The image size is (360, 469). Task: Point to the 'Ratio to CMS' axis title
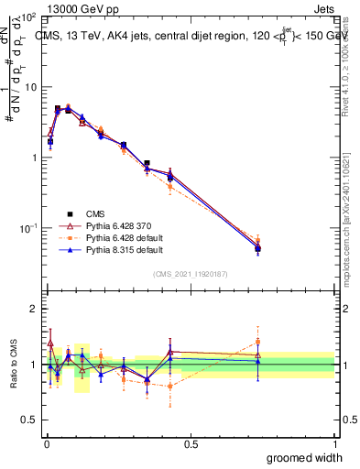click(x=12, y=364)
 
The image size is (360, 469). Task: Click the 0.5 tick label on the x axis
click(x=191, y=442)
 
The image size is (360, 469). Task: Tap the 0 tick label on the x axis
click(x=47, y=442)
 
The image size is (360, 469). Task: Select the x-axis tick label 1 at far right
click(x=334, y=442)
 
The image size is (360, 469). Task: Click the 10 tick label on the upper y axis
click(x=31, y=87)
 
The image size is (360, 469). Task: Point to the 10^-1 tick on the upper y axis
click(x=29, y=227)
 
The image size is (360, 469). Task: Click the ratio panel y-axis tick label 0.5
click(x=31, y=420)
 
